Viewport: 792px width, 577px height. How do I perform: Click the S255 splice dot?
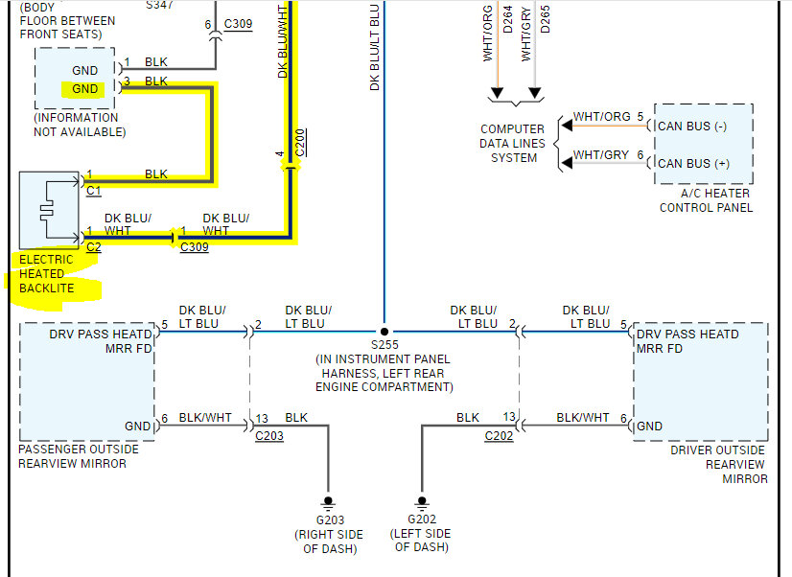tap(384, 327)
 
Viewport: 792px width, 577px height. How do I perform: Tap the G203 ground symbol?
tap(328, 501)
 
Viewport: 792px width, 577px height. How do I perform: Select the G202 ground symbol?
tap(421, 501)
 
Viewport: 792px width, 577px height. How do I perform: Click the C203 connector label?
tap(269, 436)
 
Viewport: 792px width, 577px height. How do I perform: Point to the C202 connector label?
tap(499, 436)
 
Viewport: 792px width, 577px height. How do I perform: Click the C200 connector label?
tap(300, 141)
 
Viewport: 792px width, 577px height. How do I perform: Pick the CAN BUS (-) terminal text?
tap(692, 126)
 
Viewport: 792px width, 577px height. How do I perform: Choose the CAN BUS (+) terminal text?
tap(692, 163)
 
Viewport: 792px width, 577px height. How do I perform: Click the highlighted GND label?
tap(84, 89)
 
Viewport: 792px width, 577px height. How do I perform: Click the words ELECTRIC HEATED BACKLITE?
tap(46, 273)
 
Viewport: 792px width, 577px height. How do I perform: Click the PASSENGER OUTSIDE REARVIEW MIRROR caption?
tap(79, 456)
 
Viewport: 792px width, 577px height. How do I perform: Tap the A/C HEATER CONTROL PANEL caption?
tap(706, 199)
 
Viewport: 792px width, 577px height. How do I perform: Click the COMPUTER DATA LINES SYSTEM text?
tap(513, 143)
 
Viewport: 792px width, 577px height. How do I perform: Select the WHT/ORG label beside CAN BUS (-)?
tap(600, 117)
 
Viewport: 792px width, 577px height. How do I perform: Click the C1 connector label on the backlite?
tap(93, 191)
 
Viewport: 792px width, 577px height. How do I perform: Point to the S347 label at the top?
tap(161, 5)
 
